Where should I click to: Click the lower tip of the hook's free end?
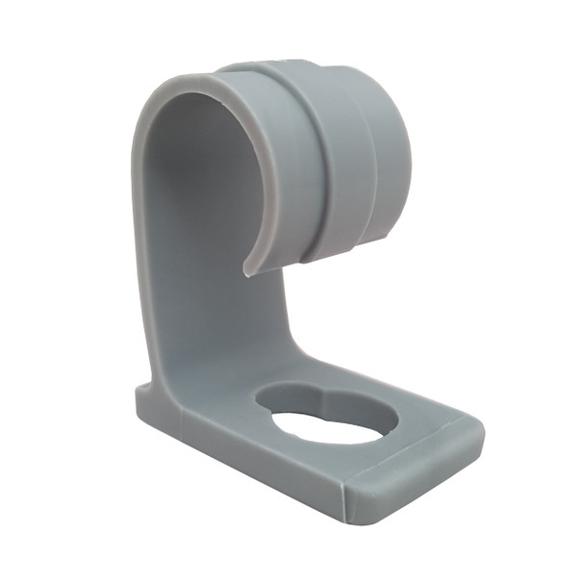tap(247, 270)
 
